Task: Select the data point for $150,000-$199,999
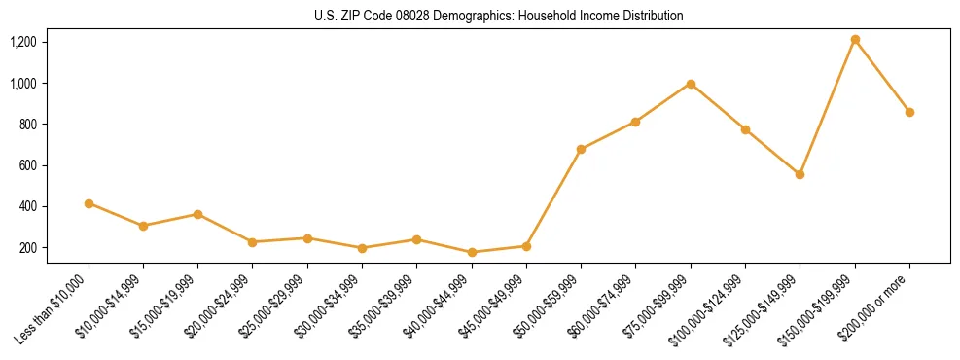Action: click(855, 40)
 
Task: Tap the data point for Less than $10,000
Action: click(89, 203)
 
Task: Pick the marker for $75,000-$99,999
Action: click(691, 84)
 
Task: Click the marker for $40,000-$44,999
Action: click(472, 252)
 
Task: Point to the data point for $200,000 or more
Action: click(909, 112)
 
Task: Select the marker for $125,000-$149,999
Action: click(800, 174)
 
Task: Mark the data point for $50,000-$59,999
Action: click(581, 149)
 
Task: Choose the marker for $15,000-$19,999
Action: click(197, 214)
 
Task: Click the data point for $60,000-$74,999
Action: click(635, 122)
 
